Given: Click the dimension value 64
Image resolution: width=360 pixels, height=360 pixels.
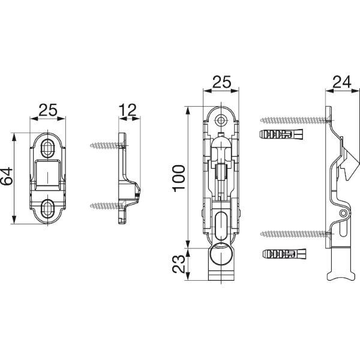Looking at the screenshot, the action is coord(7,176).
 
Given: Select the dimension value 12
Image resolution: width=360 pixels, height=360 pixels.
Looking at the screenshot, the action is coord(128,110).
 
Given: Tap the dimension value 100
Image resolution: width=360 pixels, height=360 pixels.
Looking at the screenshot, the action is coord(179,178).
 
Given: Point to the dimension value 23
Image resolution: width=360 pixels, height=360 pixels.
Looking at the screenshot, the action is coord(178,264).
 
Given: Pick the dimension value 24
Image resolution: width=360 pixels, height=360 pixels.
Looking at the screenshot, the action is coord(342,82).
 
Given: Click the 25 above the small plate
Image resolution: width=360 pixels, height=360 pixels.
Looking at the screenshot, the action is coord(48,110).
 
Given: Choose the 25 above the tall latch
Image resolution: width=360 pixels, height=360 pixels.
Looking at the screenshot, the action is coord(221,82).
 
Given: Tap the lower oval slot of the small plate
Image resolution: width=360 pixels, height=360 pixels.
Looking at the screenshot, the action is coord(48,208).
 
